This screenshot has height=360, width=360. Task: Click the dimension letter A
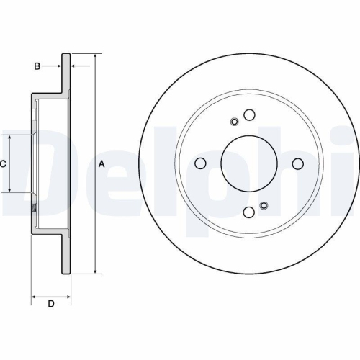pos(102,163)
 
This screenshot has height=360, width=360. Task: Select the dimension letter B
pos(37,66)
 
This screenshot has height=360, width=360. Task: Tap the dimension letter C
pos(3,163)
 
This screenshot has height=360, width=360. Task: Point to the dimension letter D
pos(51,304)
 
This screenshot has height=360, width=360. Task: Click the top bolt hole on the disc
pos(249,115)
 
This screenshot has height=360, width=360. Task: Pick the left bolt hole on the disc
pos(201,163)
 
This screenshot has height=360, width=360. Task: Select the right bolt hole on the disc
pos(297,163)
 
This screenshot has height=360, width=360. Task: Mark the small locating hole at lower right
pos(264,206)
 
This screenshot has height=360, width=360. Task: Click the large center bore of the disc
pos(249,163)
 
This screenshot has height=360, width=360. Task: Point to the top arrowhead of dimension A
pos(95,56)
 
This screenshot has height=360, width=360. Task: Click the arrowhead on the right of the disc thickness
pos(74,66)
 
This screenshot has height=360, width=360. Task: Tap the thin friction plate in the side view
pos(67,163)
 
